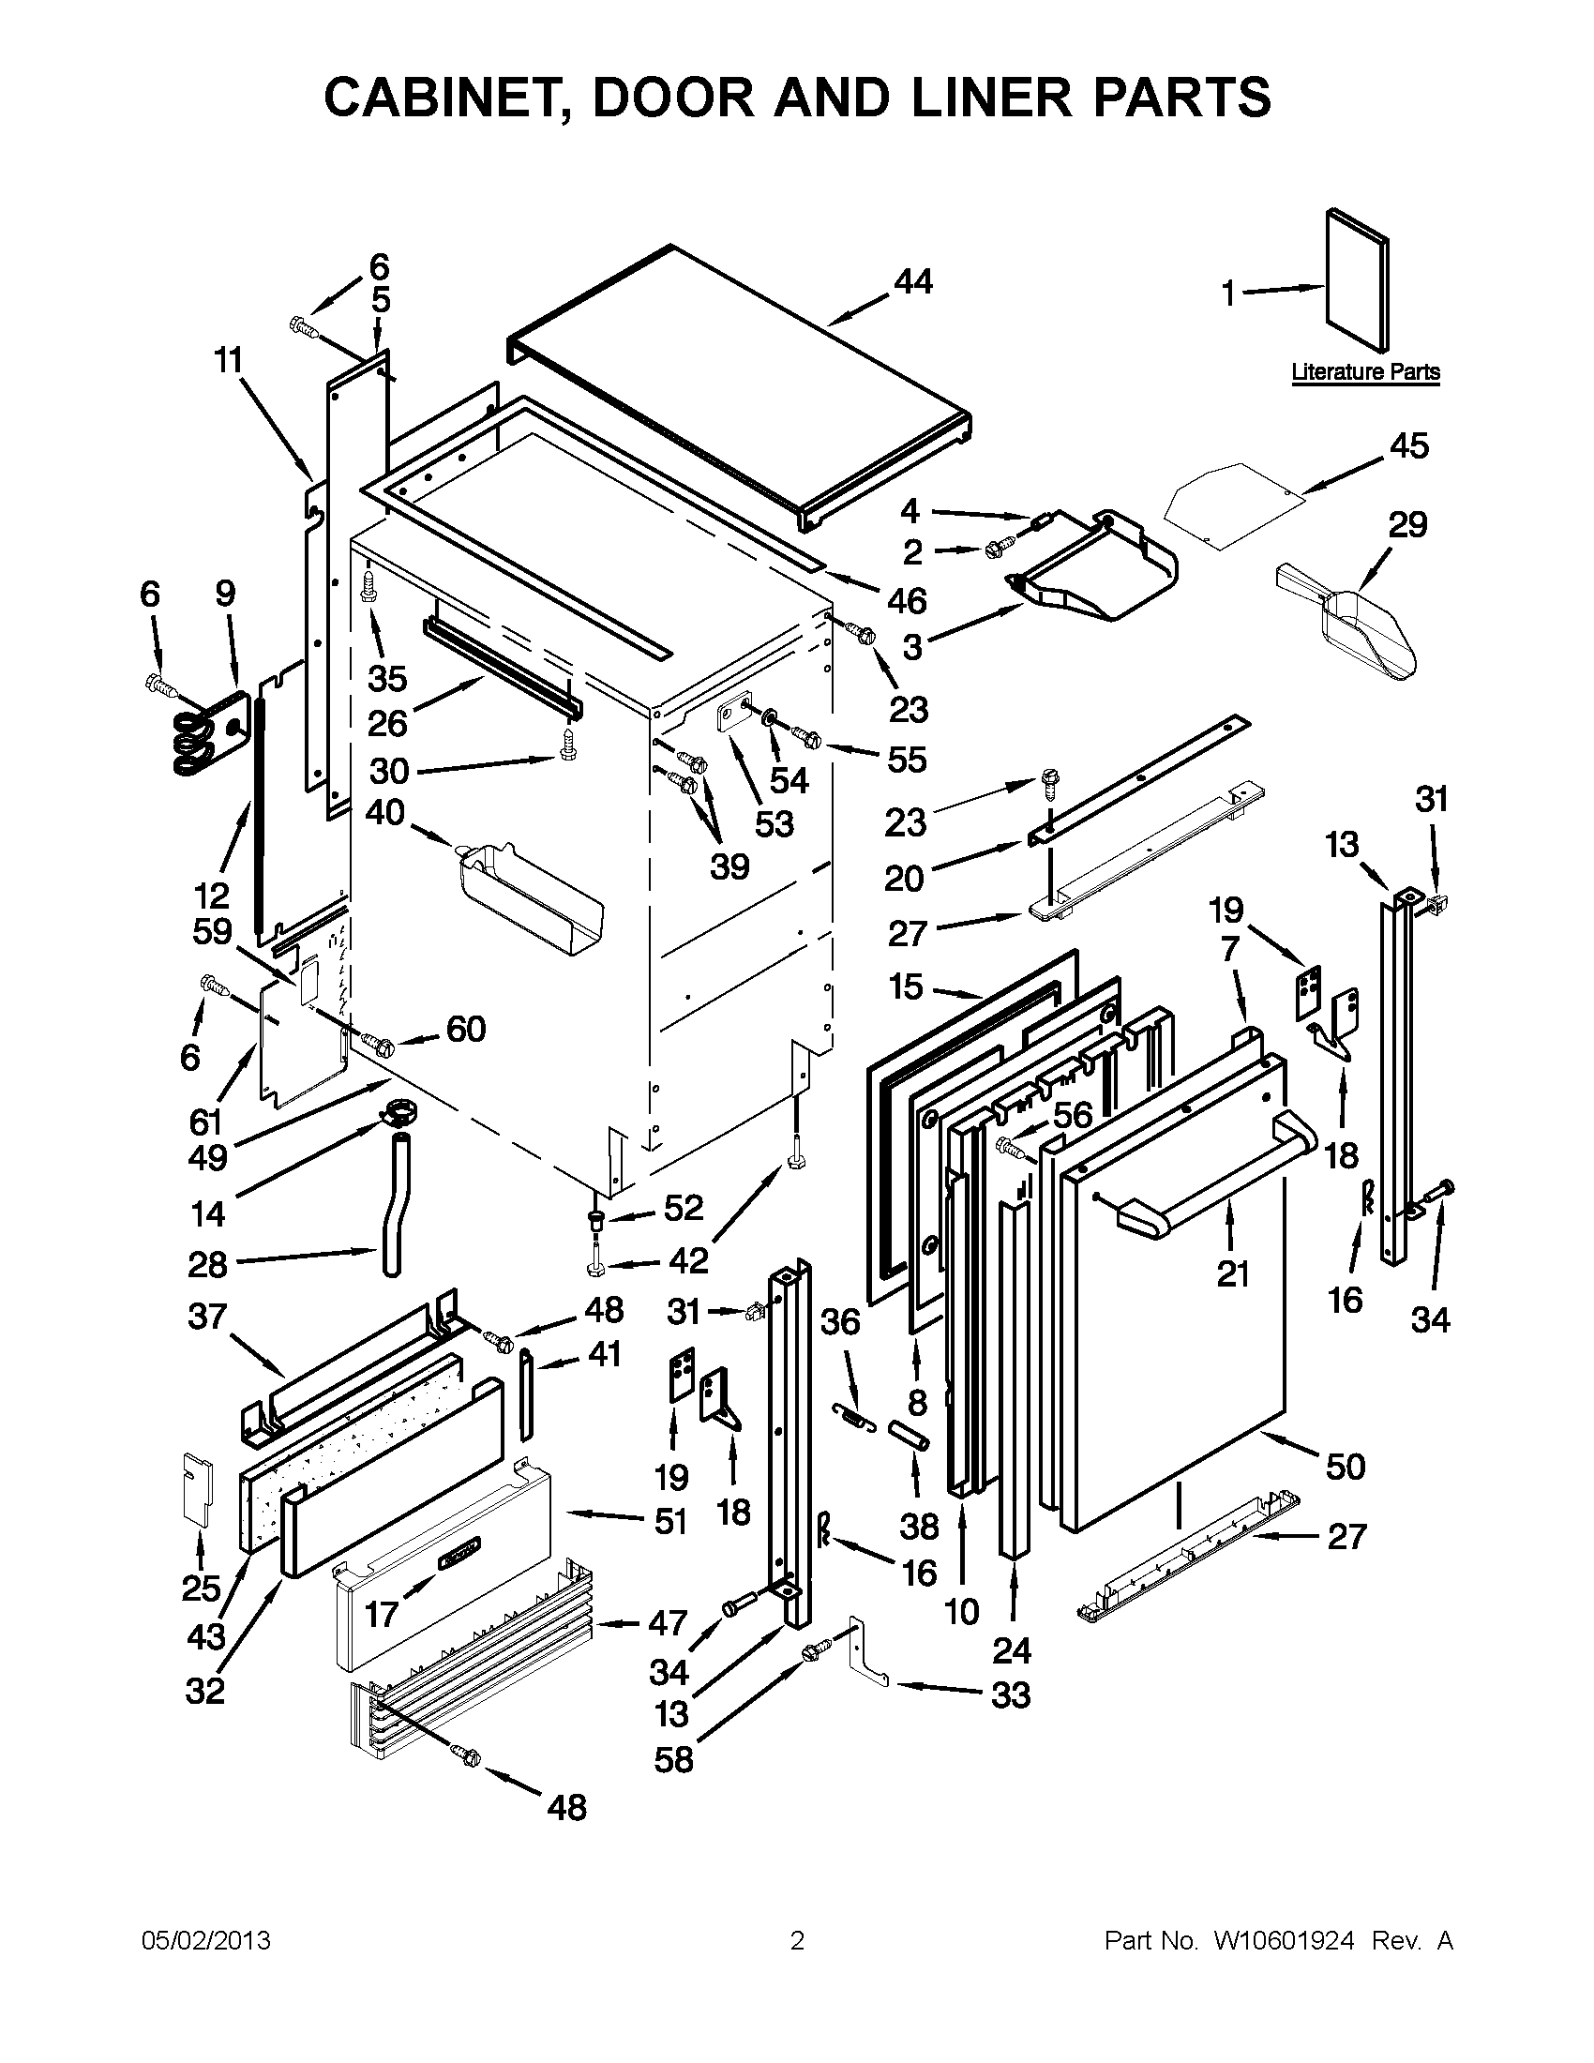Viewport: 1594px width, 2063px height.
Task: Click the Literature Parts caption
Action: [x=1364, y=372]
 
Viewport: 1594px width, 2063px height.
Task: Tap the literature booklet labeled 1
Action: [x=1358, y=279]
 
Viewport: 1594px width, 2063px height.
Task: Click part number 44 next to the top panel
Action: [x=912, y=281]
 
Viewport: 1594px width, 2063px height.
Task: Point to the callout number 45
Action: [x=1409, y=445]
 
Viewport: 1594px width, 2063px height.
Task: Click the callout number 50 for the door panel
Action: [x=1345, y=1466]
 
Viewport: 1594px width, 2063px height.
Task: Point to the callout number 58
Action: [x=673, y=1759]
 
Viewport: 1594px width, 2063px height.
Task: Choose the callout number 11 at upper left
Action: [x=228, y=360]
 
